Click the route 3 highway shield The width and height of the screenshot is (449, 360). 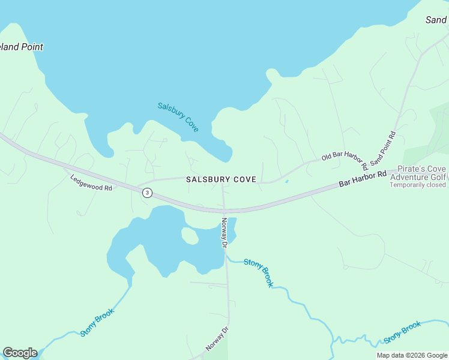point(147,193)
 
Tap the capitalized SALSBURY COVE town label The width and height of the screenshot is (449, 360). point(221,179)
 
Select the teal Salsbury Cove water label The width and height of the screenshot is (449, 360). point(178,117)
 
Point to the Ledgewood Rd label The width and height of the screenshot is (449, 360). point(91,182)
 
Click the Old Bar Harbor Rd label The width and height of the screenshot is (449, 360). point(345,160)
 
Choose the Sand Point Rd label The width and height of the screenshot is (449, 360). point(384,148)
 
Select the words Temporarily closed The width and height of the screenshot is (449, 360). point(418,185)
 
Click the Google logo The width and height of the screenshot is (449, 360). point(20,353)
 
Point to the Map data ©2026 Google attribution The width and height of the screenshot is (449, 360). point(411,355)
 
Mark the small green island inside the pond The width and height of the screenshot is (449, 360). point(190,236)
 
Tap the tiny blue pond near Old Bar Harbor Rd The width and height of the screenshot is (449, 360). point(286,181)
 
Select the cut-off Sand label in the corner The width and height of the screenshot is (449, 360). point(436,20)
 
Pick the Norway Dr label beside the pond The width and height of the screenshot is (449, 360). point(224,233)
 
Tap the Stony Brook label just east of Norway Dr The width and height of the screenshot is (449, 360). point(259,272)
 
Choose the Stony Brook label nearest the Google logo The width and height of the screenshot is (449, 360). point(97,322)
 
